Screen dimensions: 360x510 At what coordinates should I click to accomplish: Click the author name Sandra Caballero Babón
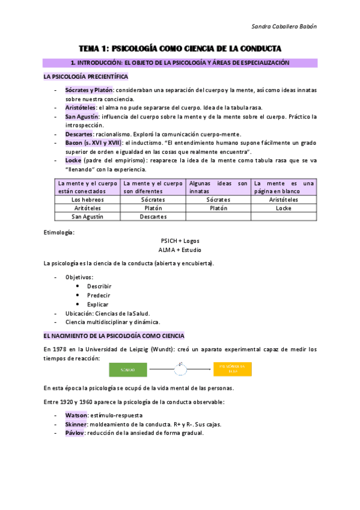282,26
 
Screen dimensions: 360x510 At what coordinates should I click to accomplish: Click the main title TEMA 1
181,48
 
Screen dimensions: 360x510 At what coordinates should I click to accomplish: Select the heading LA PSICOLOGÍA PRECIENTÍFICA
85,77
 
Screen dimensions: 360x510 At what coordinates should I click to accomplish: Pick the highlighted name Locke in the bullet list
73,161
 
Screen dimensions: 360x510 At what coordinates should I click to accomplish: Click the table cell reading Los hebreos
87,199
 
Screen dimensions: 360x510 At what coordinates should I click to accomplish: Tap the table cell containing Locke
283,208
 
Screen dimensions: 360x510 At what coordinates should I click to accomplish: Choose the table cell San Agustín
87,217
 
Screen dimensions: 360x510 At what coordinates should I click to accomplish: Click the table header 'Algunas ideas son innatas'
218,187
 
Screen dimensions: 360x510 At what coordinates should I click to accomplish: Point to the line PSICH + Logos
180,241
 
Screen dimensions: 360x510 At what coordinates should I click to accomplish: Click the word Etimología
59,232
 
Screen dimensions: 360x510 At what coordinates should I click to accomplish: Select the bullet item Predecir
99,295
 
